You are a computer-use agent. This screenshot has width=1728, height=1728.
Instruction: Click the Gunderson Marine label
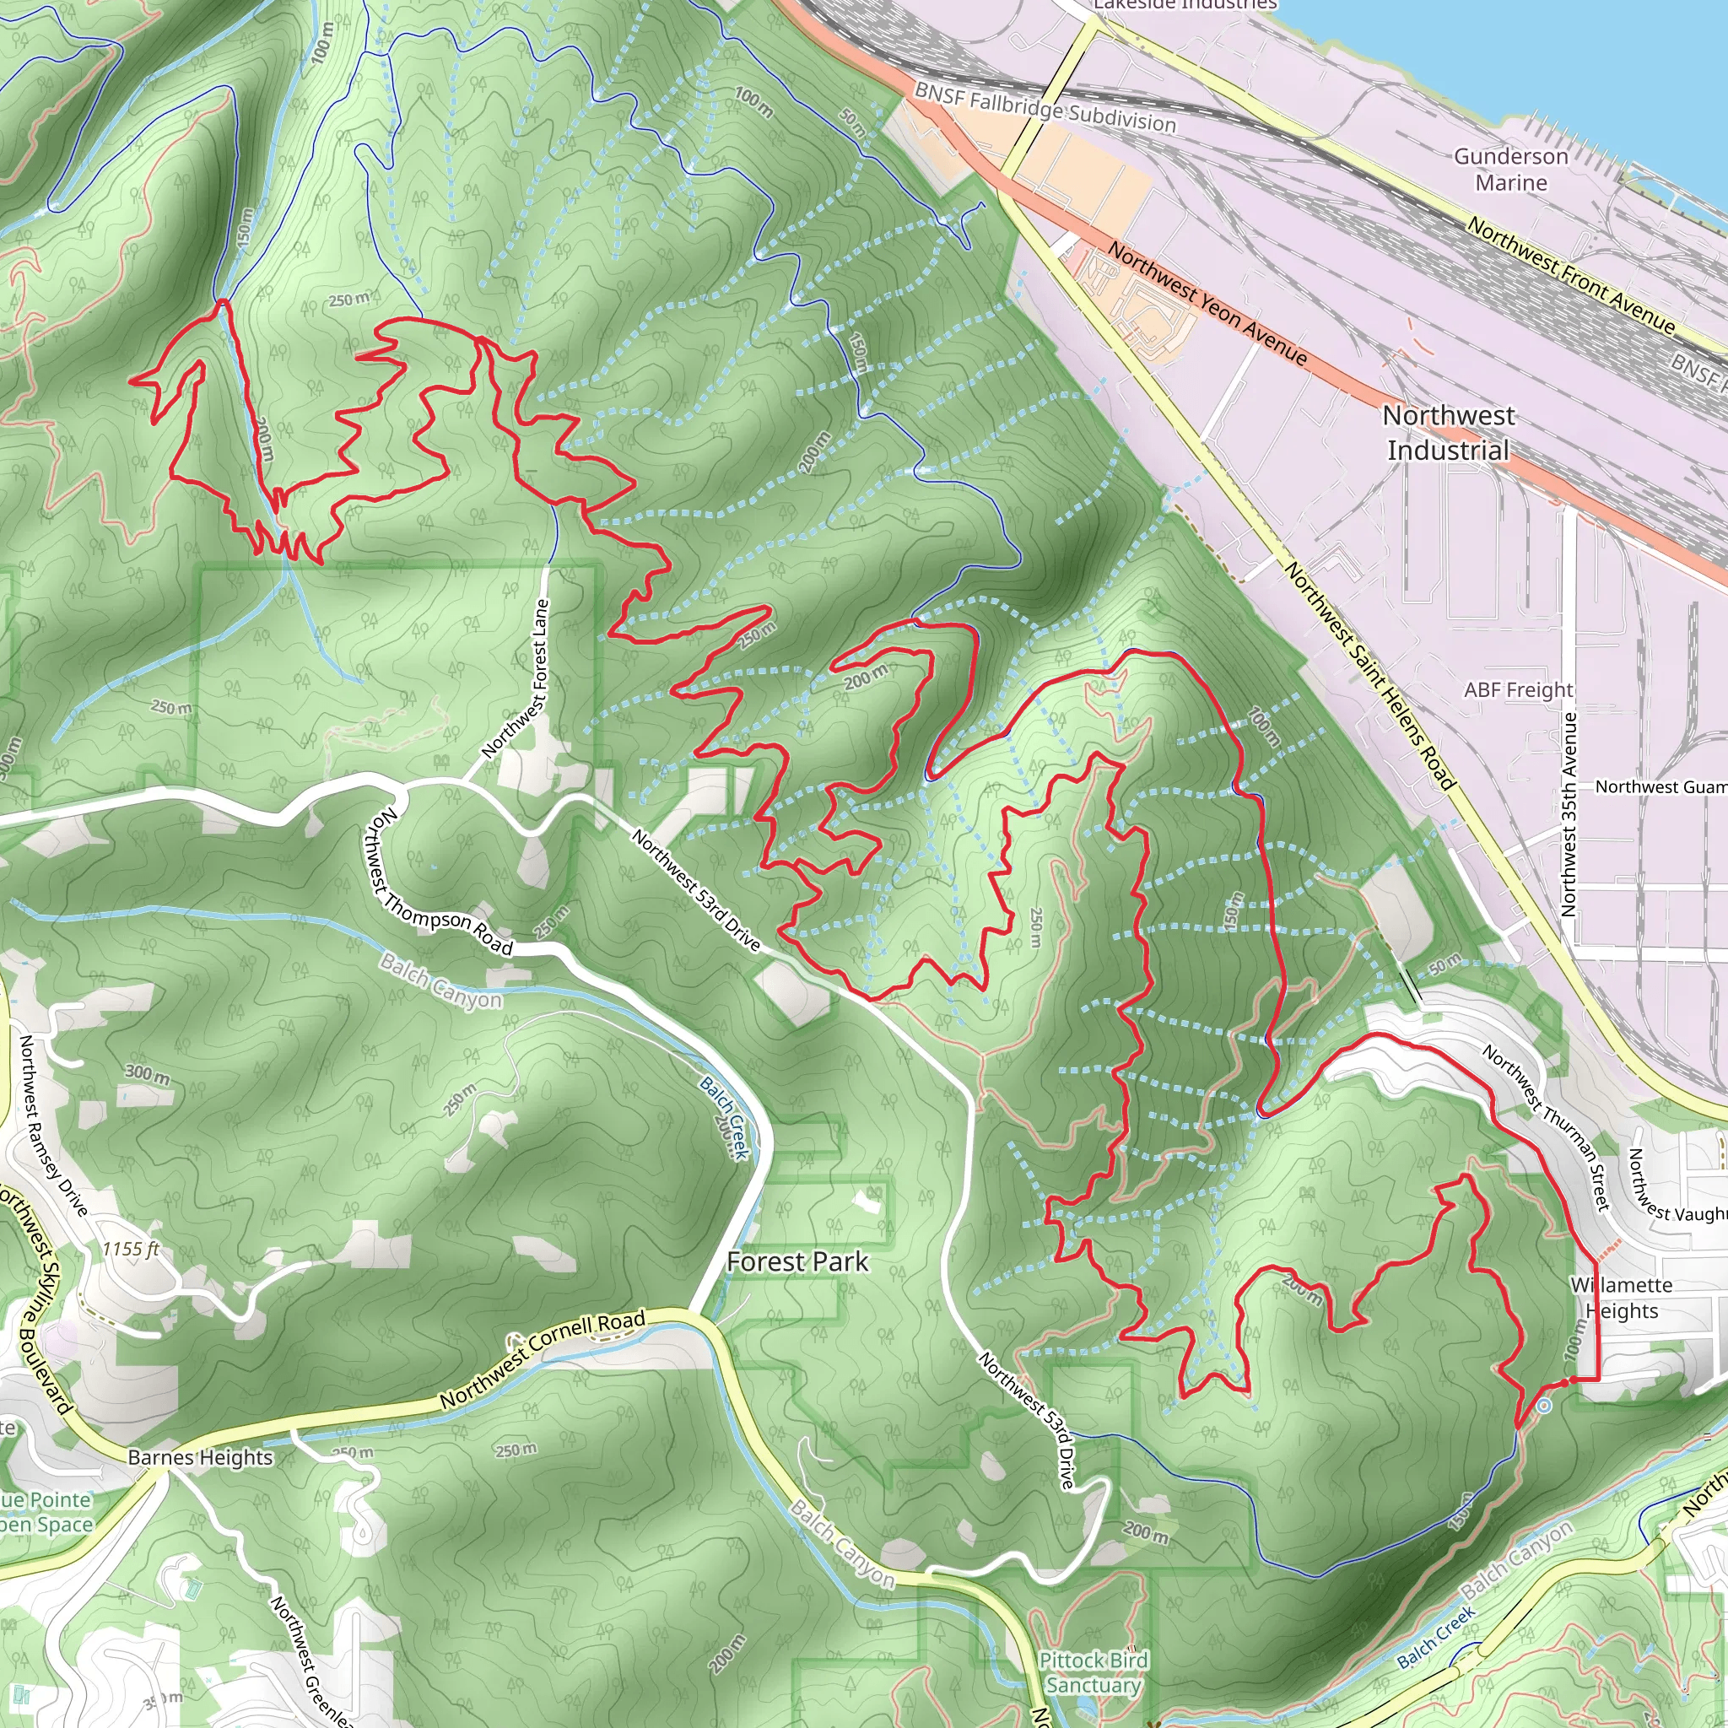(1510, 169)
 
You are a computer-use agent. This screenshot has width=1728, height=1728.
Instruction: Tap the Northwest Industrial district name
(1448, 433)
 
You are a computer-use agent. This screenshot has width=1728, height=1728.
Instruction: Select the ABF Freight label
(1518, 689)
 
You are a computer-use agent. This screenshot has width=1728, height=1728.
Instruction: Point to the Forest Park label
(796, 1262)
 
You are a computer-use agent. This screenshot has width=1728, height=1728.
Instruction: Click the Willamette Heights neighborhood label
(1621, 1298)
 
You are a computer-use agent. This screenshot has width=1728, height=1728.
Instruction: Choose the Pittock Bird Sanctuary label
(1093, 1672)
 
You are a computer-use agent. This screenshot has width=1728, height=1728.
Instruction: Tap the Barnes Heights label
(199, 1457)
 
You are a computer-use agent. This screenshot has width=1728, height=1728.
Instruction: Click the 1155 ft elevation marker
(131, 1249)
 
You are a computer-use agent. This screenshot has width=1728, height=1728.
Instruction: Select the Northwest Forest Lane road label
(516, 680)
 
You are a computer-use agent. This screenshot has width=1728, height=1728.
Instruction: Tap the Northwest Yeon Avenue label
(1207, 303)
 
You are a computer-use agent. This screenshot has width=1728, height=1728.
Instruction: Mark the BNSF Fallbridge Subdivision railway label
(1045, 107)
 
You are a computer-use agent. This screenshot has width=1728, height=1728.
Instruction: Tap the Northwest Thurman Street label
(1547, 1128)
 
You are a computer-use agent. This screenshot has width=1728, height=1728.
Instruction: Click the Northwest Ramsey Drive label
(53, 1126)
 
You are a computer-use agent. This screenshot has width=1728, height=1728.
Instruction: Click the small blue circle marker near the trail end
(1545, 1406)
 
